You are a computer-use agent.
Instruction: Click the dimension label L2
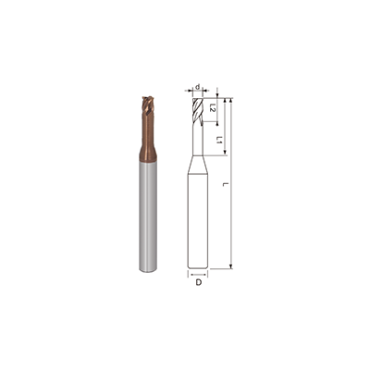[213, 108]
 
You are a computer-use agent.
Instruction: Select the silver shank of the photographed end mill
[150, 222]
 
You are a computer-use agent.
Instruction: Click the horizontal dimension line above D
[199, 274]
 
